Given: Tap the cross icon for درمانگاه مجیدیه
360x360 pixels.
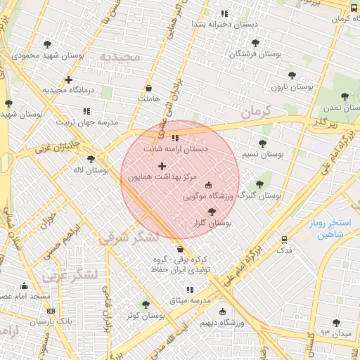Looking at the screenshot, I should click(x=68, y=79).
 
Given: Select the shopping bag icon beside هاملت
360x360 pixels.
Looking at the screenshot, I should click(x=148, y=89).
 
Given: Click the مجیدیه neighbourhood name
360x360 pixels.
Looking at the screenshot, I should click(x=120, y=56).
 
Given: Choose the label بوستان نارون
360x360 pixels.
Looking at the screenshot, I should click(x=292, y=87).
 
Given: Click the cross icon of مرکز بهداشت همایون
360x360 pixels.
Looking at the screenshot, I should click(x=162, y=167).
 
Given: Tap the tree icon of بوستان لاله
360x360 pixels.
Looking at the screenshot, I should click(x=91, y=160).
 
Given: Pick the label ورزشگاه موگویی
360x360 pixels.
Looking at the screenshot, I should click(x=207, y=197).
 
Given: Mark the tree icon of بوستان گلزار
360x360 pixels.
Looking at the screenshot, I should click(x=212, y=212).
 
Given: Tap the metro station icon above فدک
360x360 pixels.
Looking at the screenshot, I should click(x=285, y=240).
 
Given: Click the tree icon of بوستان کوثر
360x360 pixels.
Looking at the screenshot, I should click(x=146, y=304).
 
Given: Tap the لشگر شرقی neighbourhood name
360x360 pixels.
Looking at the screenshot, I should click(x=129, y=236).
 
